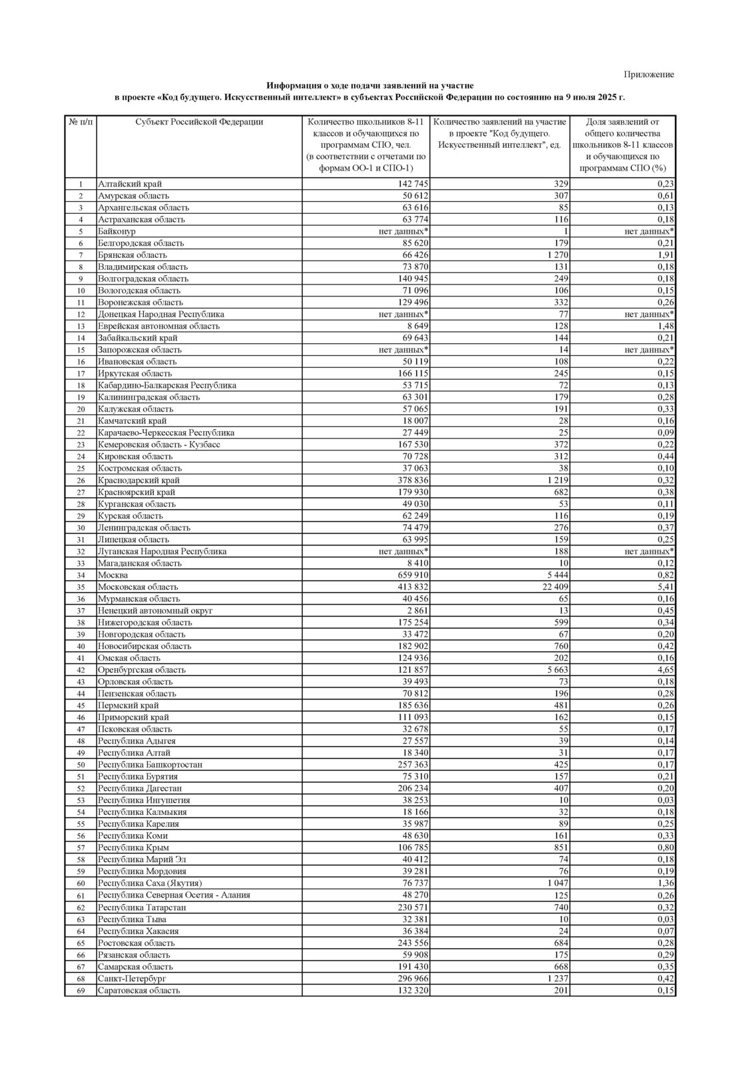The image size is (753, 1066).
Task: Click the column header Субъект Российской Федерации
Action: coord(198,122)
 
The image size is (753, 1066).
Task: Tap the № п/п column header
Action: coord(80,122)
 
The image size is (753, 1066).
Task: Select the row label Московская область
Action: coord(138,587)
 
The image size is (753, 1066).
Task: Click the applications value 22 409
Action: coord(551,587)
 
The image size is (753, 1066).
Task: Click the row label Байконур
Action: coord(117,231)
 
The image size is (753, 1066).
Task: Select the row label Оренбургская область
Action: coord(142,670)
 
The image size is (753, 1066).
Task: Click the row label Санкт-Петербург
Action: coord(131,979)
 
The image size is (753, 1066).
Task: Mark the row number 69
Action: coord(81,991)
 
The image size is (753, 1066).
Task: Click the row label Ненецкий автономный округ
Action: coord(155,610)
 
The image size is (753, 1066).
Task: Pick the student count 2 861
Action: coord(415,610)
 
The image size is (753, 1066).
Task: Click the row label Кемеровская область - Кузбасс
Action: coord(158,444)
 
